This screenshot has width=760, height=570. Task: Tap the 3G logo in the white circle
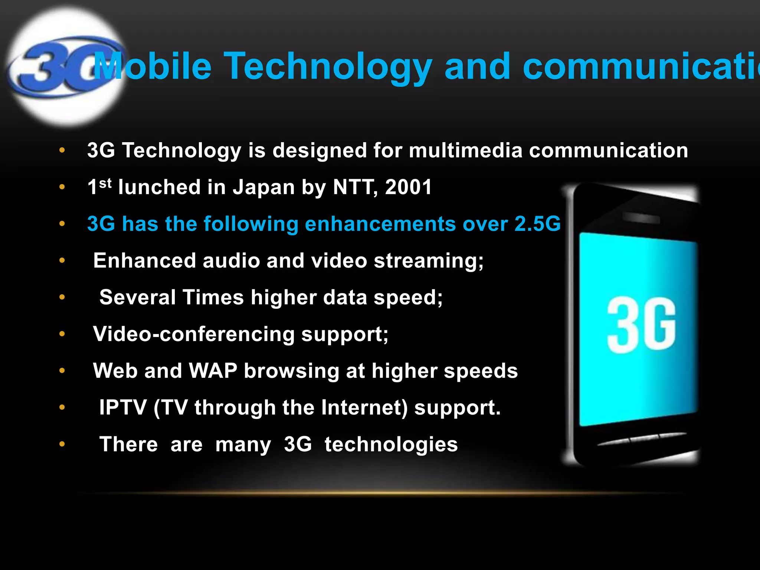(x=59, y=67)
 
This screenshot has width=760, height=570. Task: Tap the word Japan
(x=263, y=187)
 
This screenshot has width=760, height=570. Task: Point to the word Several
(x=138, y=297)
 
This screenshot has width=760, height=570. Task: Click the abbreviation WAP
(x=213, y=371)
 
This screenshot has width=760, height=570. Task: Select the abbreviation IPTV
(x=123, y=407)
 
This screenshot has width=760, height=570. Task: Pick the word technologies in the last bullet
(x=391, y=445)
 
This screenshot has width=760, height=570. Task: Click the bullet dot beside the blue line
(x=62, y=224)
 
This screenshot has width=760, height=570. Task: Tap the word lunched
(x=159, y=187)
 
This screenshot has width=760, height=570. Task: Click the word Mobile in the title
(x=152, y=67)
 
